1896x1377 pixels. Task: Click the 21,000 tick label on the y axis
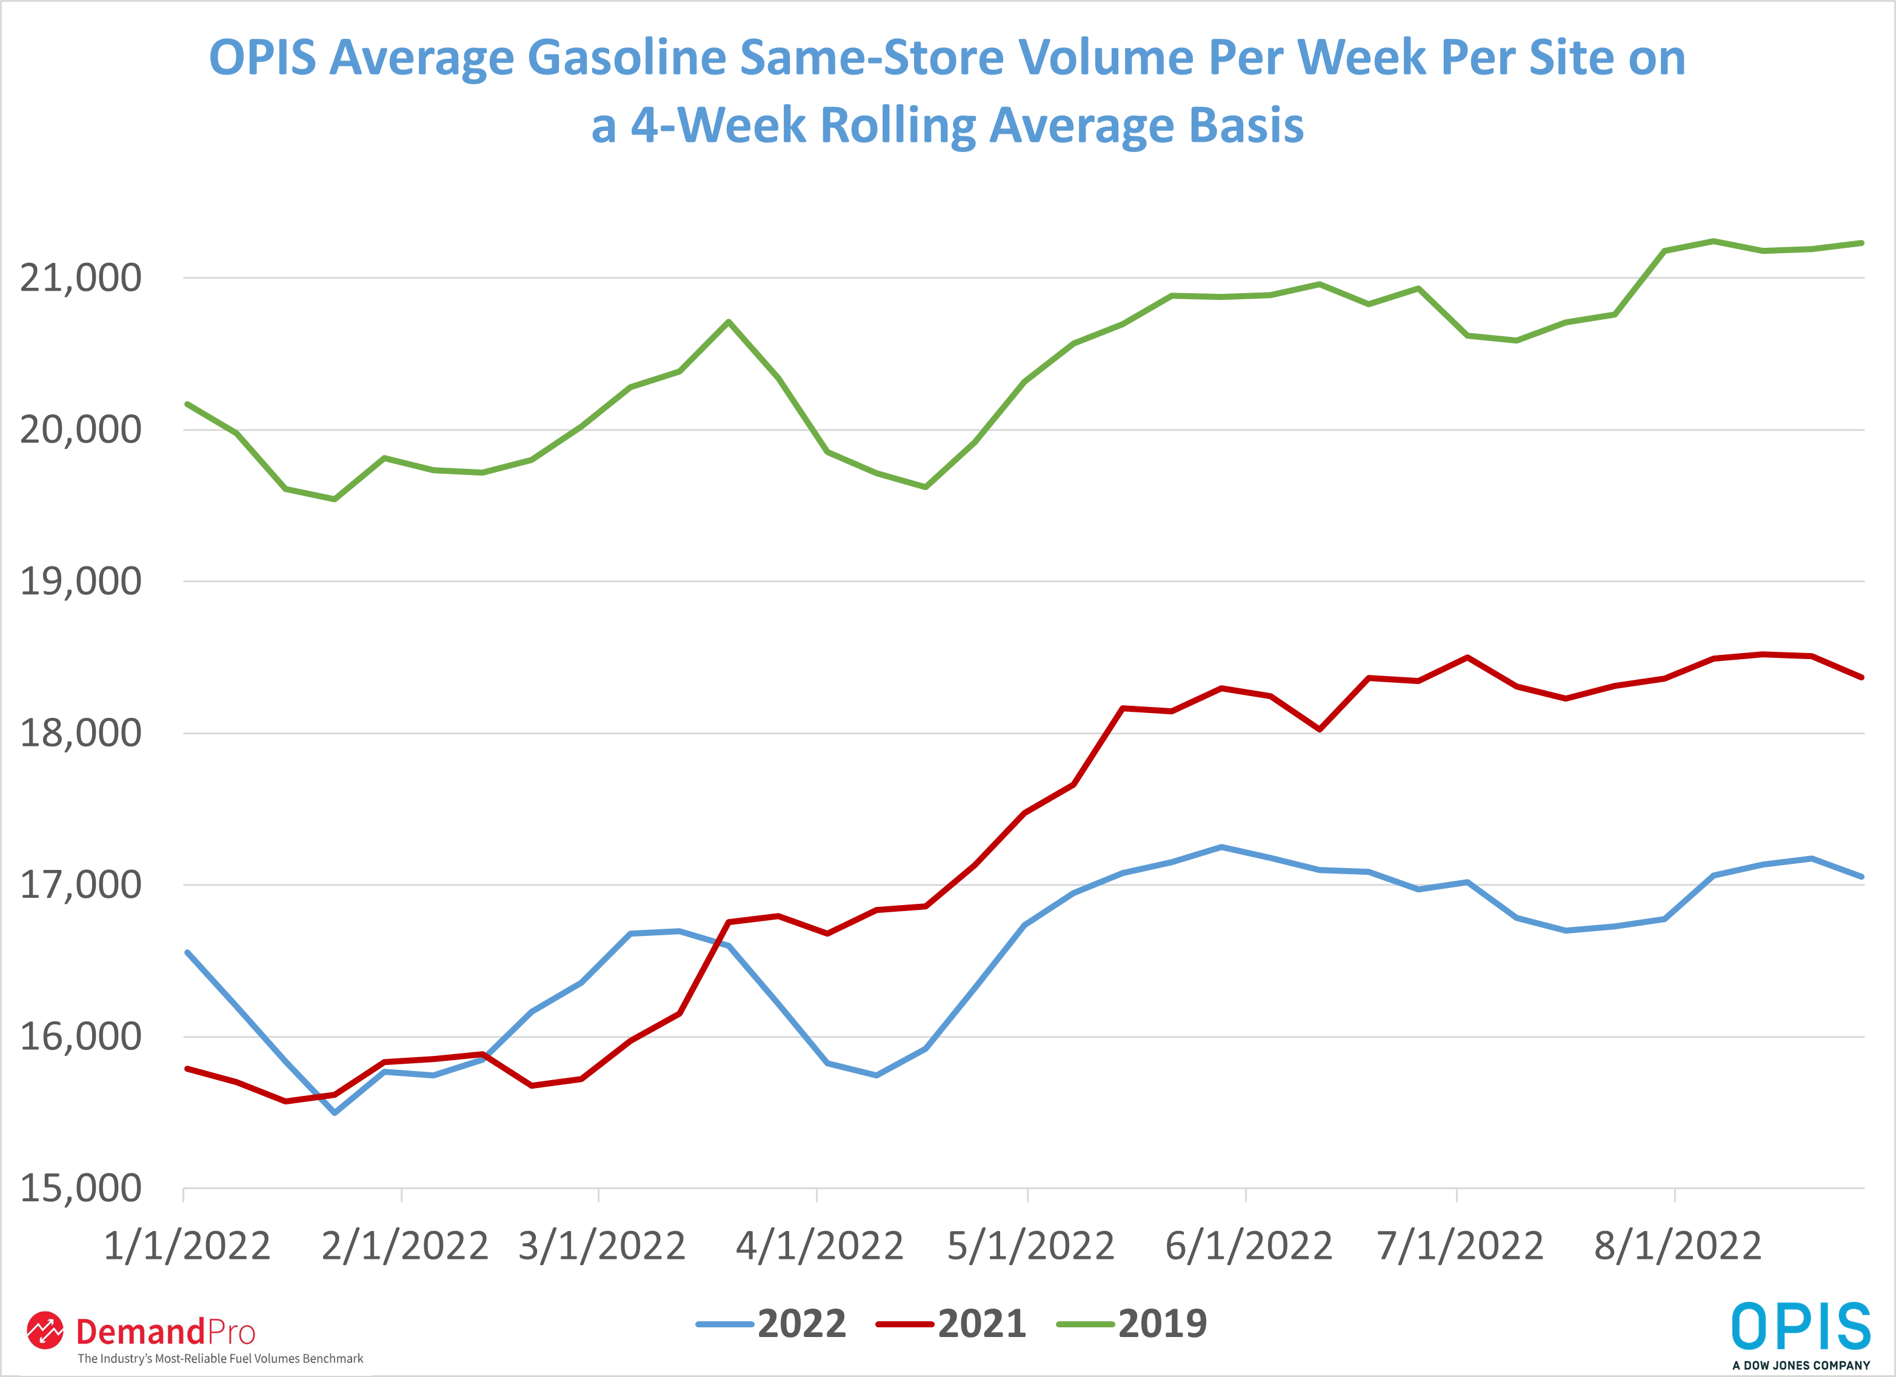click(x=81, y=278)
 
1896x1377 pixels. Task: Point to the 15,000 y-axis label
click(x=81, y=1188)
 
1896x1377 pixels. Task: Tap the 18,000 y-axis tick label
click(x=81, y=734)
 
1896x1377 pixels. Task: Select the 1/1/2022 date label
click(x=187, y=1246)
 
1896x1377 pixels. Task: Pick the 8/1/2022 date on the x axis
click(x=1677, y=1246)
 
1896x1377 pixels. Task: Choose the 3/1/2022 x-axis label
click(x=602, y=1246)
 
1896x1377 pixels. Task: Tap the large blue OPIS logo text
click(x=1800, y=1326)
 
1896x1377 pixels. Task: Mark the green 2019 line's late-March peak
click(x=729, y=322)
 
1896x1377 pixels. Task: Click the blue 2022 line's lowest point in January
click(x=335, y=1113)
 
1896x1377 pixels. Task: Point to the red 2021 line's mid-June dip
click(x=1319, y=729)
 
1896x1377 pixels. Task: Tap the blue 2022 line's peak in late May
click(x=1221, y=848)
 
